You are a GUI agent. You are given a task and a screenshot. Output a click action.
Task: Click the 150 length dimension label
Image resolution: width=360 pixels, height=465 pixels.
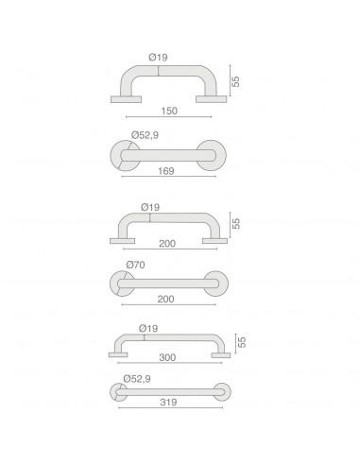coord(169,111)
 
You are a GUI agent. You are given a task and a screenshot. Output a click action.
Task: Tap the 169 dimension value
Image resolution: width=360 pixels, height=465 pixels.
coord(166,171)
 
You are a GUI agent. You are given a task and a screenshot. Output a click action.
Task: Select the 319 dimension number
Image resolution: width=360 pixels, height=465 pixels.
coord(168,403)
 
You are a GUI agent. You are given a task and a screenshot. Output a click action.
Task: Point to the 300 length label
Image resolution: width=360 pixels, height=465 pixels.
coord(167,357)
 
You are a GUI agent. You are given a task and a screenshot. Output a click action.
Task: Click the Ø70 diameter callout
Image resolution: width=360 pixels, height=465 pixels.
coord(135,265)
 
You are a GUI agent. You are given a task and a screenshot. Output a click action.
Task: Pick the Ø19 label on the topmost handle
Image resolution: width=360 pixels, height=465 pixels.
coord(158,58)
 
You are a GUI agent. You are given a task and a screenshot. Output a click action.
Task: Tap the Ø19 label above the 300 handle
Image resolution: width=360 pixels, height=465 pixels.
coord(148,329)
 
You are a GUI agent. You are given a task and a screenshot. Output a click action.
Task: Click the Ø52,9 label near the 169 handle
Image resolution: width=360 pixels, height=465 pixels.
coord(145,135)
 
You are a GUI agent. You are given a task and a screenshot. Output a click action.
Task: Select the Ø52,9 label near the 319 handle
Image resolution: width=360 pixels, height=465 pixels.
coord(137,379)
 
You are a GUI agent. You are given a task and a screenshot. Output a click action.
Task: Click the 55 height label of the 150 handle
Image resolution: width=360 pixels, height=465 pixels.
coord(235,81)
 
